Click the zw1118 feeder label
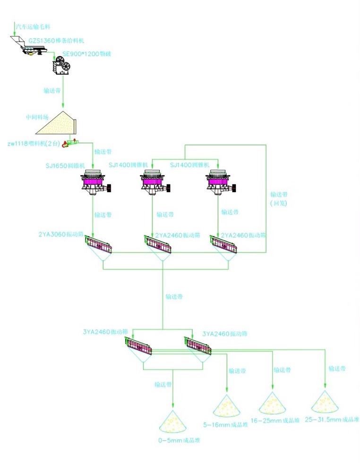33,144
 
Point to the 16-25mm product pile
273,404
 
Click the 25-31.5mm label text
332,419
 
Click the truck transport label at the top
33,27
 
